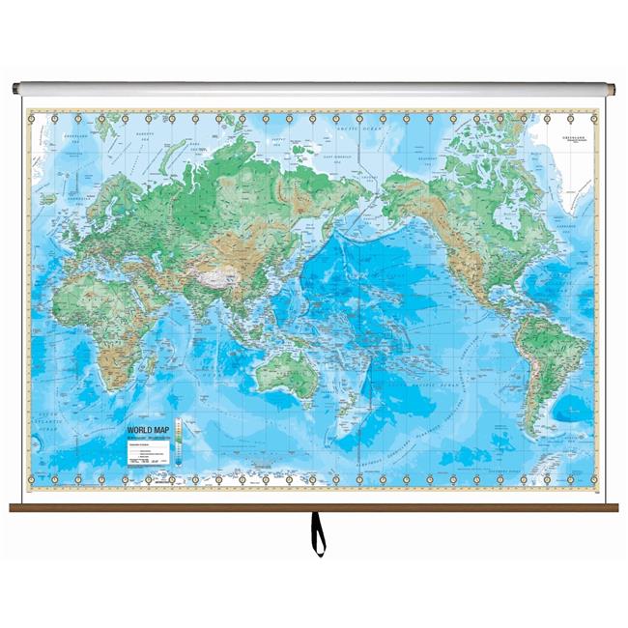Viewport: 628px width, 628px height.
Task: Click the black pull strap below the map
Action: point(315,531)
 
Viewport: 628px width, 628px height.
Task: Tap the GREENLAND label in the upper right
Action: point(576,137)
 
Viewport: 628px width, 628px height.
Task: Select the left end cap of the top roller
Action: point(17,89)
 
